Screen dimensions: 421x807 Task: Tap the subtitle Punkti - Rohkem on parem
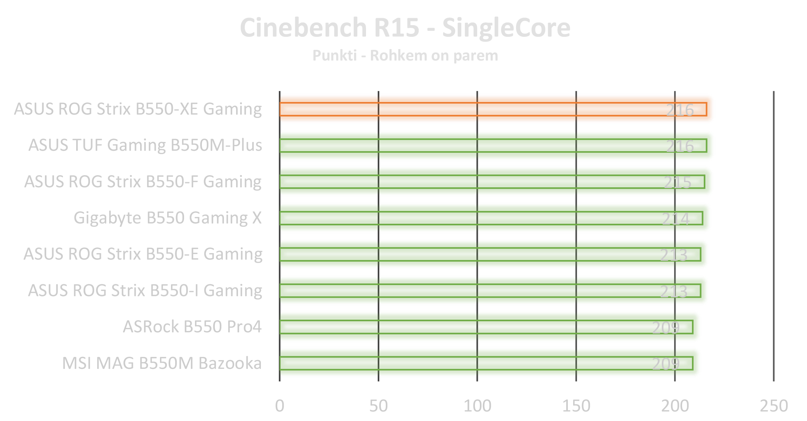point(405,56)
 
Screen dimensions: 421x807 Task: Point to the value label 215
point(677,182)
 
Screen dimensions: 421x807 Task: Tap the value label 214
point(676,218)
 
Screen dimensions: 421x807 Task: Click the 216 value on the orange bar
point(680,110)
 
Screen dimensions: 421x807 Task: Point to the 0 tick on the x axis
point(280,406)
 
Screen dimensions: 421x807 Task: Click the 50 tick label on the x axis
point(378,406)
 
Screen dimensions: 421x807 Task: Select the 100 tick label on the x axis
point(477,406)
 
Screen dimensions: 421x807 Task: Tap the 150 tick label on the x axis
point(576,406)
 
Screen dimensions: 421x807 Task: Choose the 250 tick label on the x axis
point(773,406)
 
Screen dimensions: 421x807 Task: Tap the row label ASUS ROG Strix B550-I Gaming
point(145,290)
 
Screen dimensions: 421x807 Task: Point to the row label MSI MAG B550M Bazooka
point(162,363)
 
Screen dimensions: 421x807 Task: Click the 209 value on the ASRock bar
point(666,327)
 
